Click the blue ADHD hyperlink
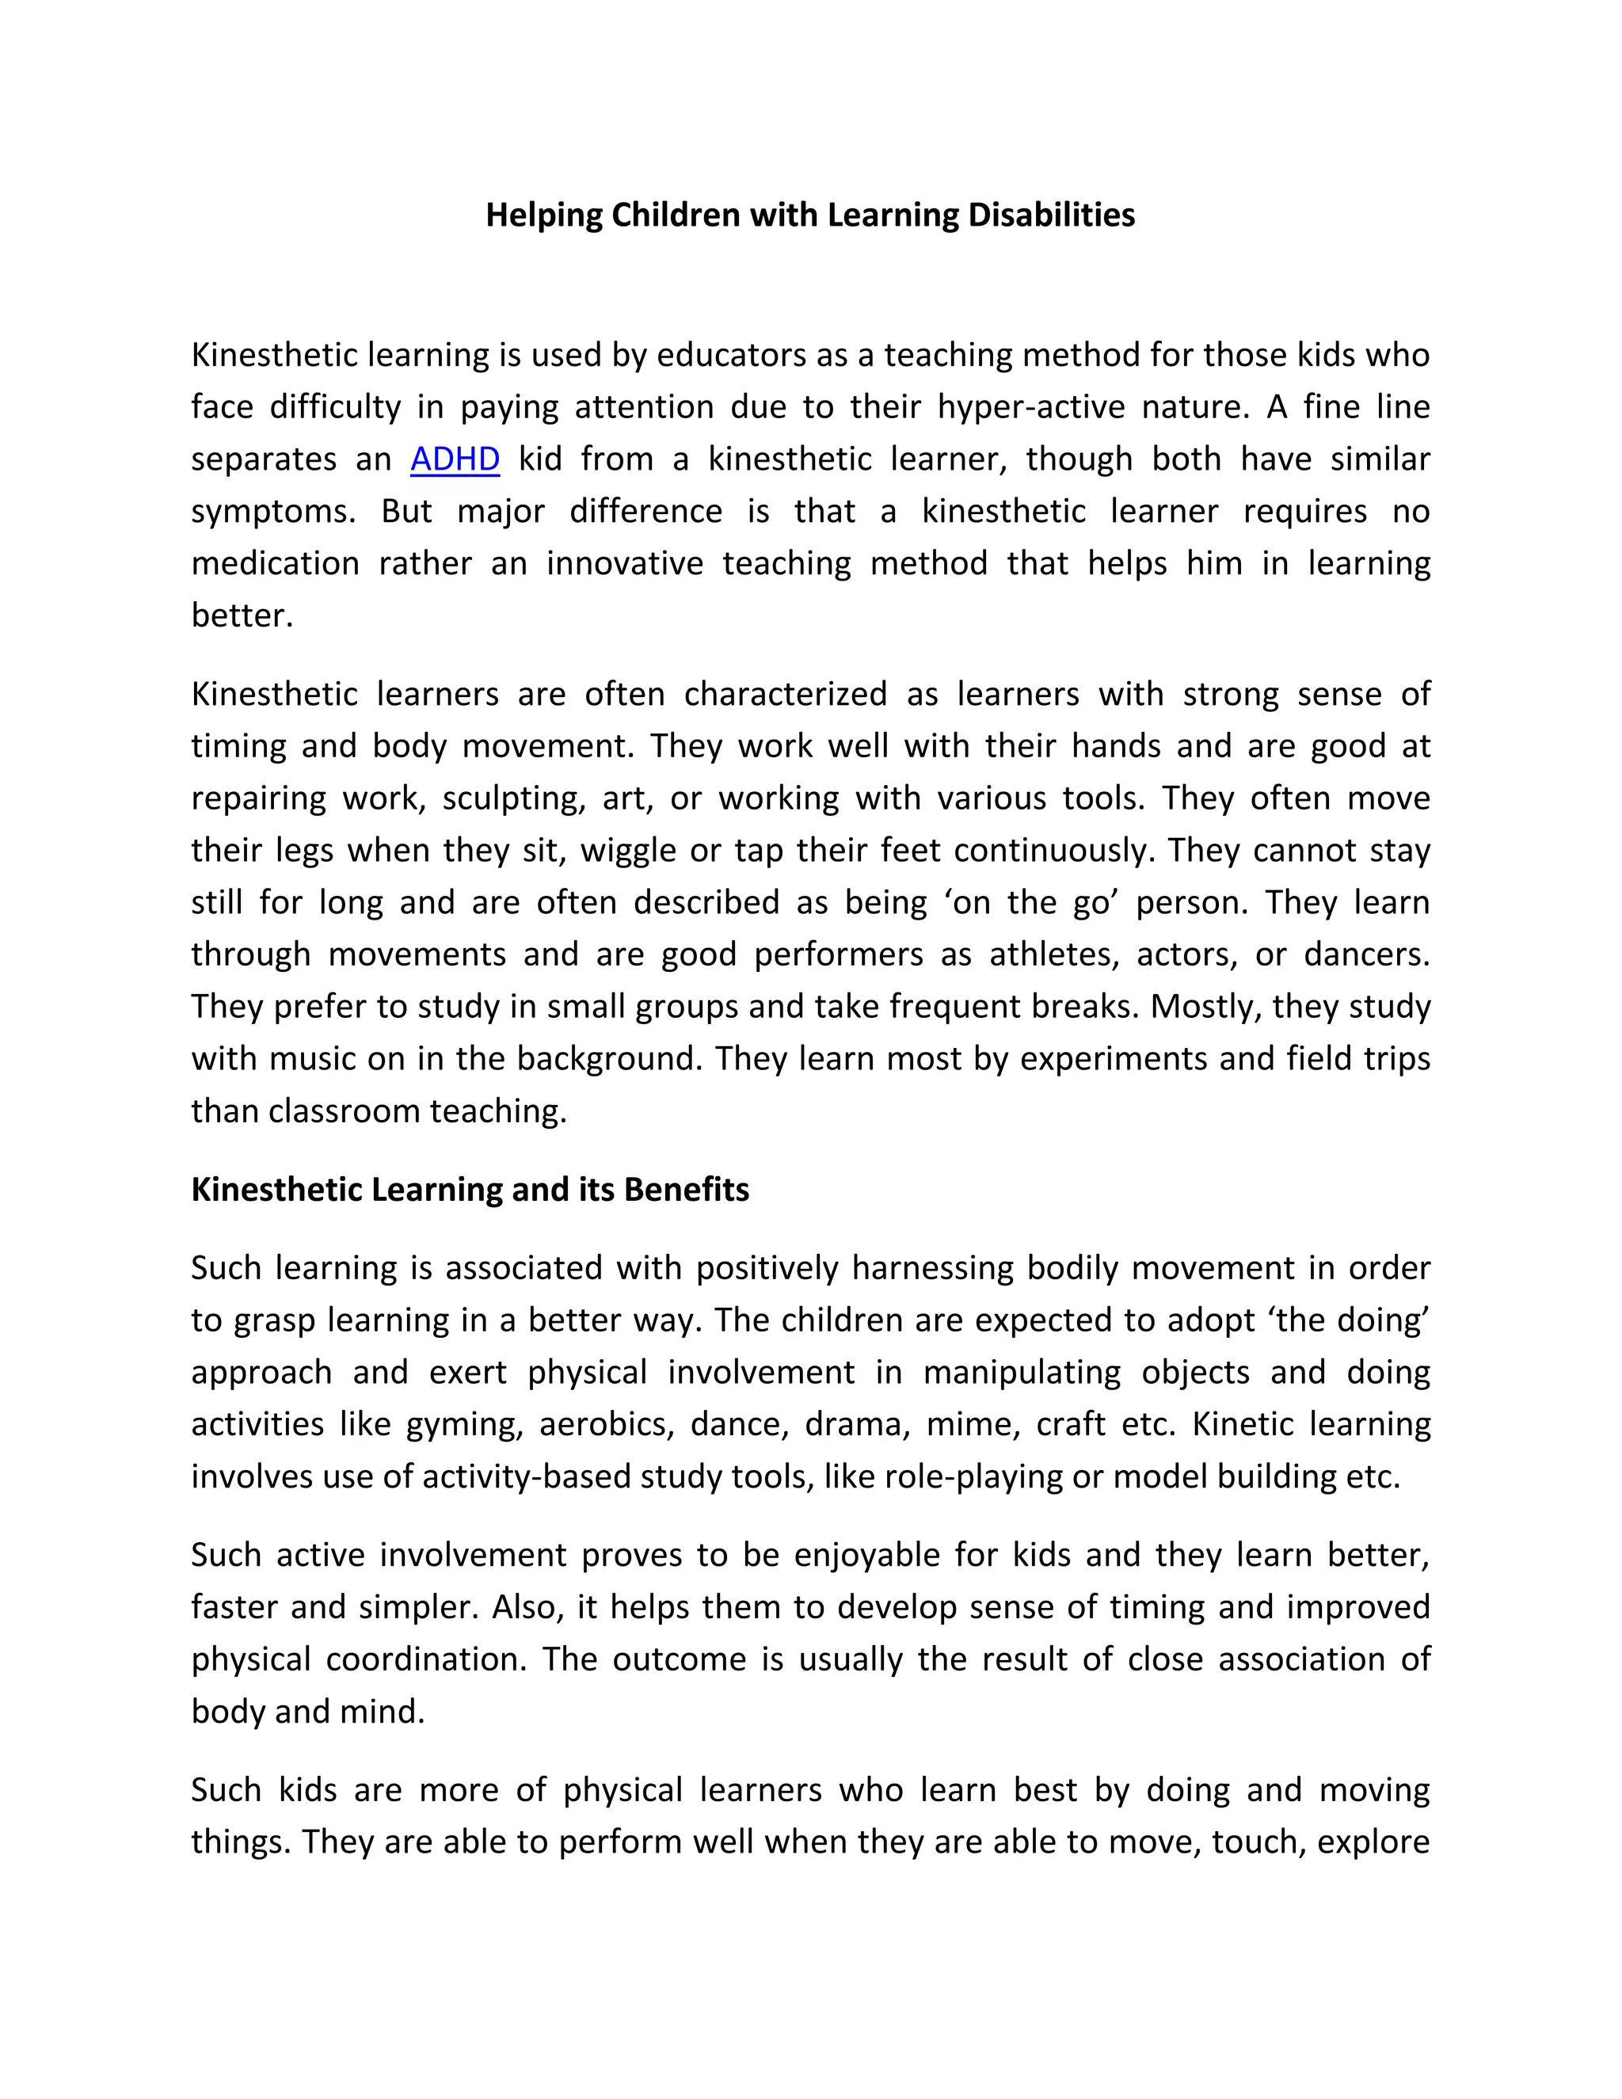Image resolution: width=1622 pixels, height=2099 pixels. point(455,459)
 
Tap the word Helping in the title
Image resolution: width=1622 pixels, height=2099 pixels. point(544,215)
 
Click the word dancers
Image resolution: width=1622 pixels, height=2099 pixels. point(1366,954)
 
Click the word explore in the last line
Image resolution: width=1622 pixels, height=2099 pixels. point(1373,1841)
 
